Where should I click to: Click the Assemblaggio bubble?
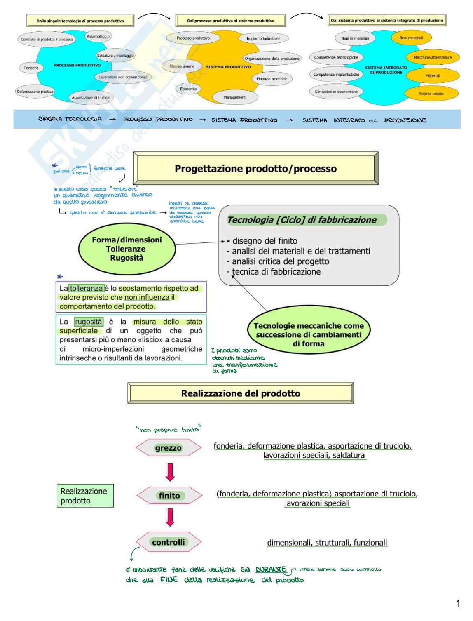[x=98, y=37]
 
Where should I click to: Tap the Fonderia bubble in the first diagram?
[x=31, y=68]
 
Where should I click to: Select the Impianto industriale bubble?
[x=263, y=39]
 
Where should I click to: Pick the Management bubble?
[x=234, y=98]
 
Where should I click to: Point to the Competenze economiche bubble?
[x=336, y=92]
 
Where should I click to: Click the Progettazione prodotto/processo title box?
[x=255, y=169]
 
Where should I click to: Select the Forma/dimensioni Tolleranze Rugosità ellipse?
[x=127, y=249]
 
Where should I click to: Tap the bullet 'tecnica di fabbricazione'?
[x=276, y=272]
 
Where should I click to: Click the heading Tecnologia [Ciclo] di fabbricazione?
[x=302, y=220]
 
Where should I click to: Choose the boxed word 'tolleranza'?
[x=87, y=289]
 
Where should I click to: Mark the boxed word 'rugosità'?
[x=89, y=322]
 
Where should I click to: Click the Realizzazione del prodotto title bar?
[x=241, y=393]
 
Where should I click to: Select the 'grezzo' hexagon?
[x=169, y=448]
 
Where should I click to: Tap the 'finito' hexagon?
[x=169, y=496]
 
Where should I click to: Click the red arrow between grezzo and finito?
[x=170, y=472]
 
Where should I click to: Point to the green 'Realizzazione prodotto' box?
[x=85, y=496]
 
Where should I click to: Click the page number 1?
[x=458, y=604]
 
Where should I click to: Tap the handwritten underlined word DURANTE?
[x=271, y=570]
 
